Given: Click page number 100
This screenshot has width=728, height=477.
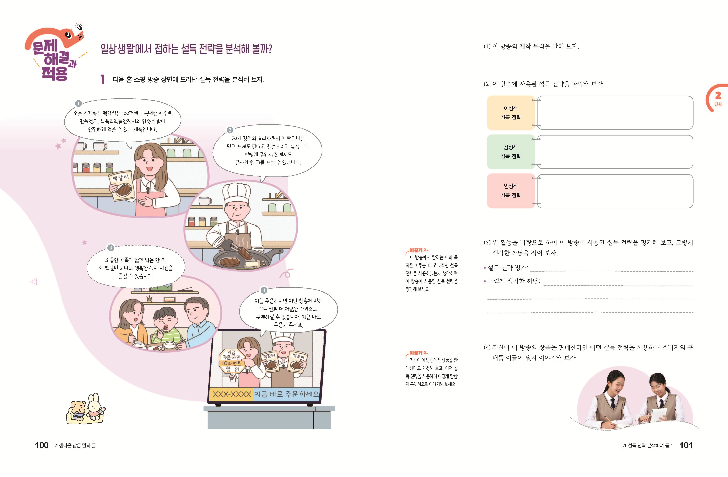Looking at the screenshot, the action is point(42,445).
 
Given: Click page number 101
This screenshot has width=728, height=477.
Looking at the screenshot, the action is point(686,445).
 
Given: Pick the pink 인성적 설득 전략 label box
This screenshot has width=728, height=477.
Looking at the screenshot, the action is point(511,191).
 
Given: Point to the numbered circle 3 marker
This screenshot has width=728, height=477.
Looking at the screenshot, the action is point(111,248).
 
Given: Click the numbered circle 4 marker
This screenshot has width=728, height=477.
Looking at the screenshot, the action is point(264,290).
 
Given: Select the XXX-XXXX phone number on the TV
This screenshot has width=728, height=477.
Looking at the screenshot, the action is point(232,394).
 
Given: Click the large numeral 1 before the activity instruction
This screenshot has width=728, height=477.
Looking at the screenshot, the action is point(102,79).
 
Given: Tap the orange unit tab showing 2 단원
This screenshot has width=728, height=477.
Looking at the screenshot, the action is point(717,98).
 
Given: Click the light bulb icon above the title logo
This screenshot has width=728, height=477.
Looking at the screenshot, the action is point(80,27).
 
